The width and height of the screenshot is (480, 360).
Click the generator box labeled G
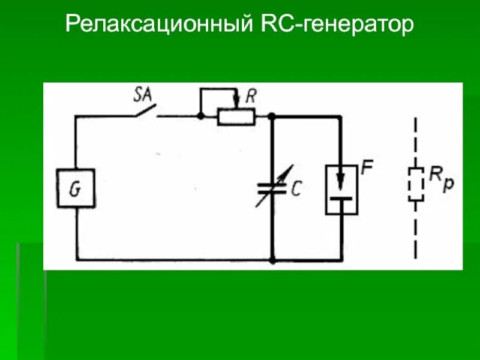tap(76, 188)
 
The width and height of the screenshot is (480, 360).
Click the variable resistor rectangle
tap(236, 117)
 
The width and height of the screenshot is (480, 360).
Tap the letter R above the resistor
tap(251, 97)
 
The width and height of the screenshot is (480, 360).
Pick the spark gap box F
tap(341, 189)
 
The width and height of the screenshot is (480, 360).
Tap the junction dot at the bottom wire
tap(272, 260)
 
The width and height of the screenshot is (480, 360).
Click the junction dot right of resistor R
tap(272, 116)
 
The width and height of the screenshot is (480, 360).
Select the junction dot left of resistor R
tap(200, 116)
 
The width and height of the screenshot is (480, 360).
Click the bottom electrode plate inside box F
tap(341, 196)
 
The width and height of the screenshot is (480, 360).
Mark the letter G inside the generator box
tap(75, 190)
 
